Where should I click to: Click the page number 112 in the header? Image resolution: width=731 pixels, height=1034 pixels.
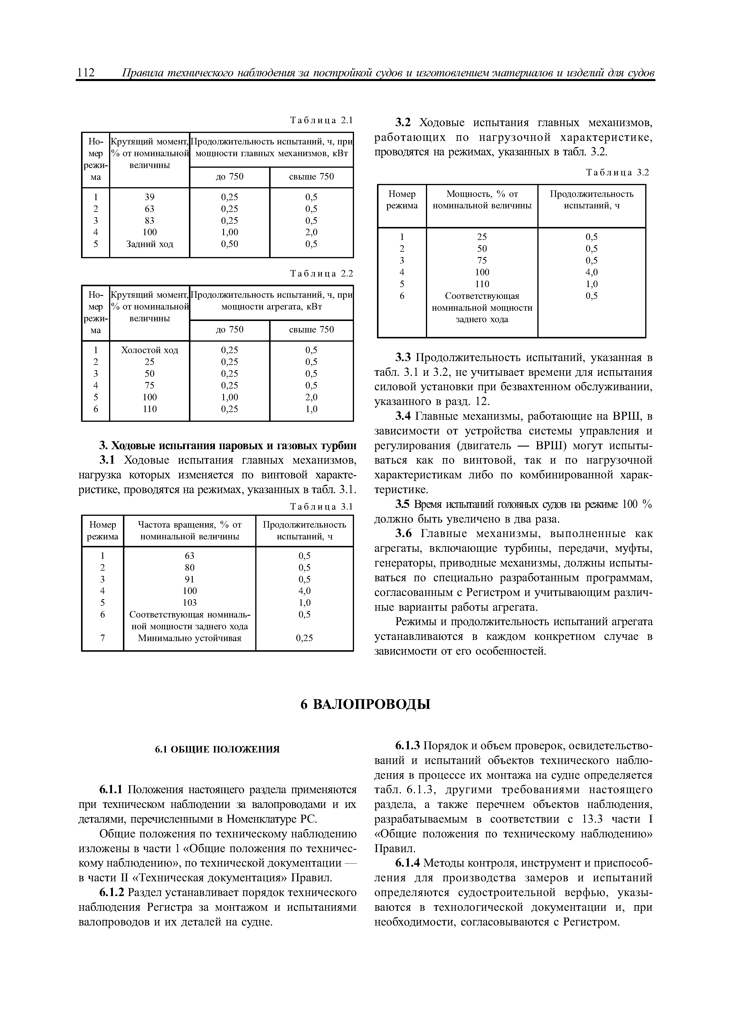click(85, 73)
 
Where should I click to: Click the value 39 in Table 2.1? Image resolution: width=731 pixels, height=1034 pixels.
click(149, 197)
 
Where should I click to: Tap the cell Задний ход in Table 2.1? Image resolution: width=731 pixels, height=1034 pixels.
click(149, 244)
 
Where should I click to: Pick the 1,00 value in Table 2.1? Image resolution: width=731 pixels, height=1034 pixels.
click(229, 232)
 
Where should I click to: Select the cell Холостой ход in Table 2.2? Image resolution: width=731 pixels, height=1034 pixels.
click(149, 350)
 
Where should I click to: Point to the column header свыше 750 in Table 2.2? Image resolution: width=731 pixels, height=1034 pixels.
click(311, 330)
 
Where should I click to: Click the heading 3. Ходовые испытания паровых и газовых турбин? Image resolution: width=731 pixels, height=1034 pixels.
click(228, 445)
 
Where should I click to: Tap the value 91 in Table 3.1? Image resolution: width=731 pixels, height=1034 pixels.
click(190, 579)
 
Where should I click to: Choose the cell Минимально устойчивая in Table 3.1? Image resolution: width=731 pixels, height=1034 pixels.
click(190, 638)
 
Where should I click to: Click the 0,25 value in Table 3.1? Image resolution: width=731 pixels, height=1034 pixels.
click(304, 638)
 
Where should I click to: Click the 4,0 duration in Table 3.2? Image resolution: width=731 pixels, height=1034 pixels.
click(591, 272)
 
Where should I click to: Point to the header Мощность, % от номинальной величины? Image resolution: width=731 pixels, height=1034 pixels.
click(482, 200)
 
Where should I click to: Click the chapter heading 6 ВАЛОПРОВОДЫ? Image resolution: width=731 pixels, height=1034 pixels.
click(365, 704)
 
